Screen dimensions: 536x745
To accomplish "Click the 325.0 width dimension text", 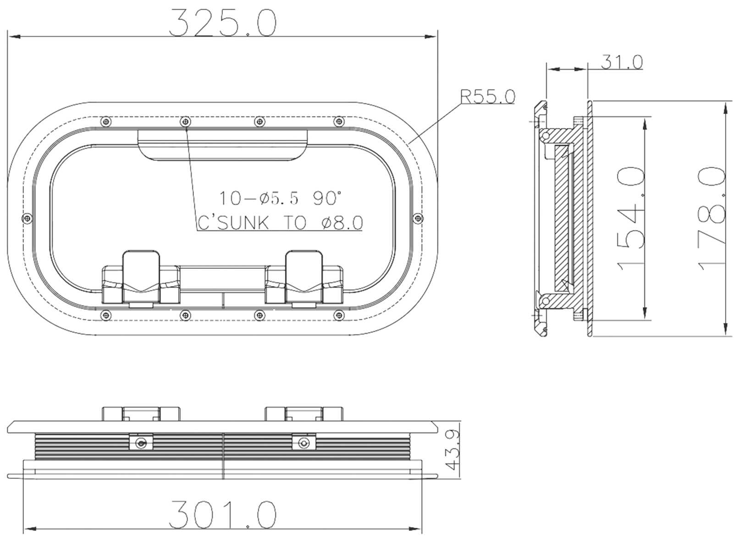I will [223, 23].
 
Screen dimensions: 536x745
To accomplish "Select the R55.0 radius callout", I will [487, 97].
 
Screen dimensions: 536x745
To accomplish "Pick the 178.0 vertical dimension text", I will [712, 219].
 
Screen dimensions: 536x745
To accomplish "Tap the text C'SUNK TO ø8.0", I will [280, 223].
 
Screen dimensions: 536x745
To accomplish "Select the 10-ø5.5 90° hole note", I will [280, 198].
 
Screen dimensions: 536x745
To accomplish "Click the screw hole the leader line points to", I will [185, 121].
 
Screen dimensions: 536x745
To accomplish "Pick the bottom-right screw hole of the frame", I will [338, 314].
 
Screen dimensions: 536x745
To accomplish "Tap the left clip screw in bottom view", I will [141, 443].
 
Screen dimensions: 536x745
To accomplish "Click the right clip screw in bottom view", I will [303, 443].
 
